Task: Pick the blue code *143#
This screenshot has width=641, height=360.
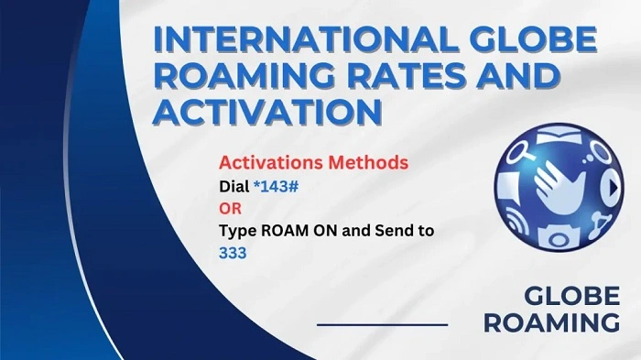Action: pos(278,187)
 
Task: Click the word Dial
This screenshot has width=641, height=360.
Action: pos(234,187)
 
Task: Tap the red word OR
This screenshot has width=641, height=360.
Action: pos(229,209)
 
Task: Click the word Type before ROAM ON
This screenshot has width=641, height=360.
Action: pos(236,230)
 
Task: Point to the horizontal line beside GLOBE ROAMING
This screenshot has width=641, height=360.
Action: pos(382,324)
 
